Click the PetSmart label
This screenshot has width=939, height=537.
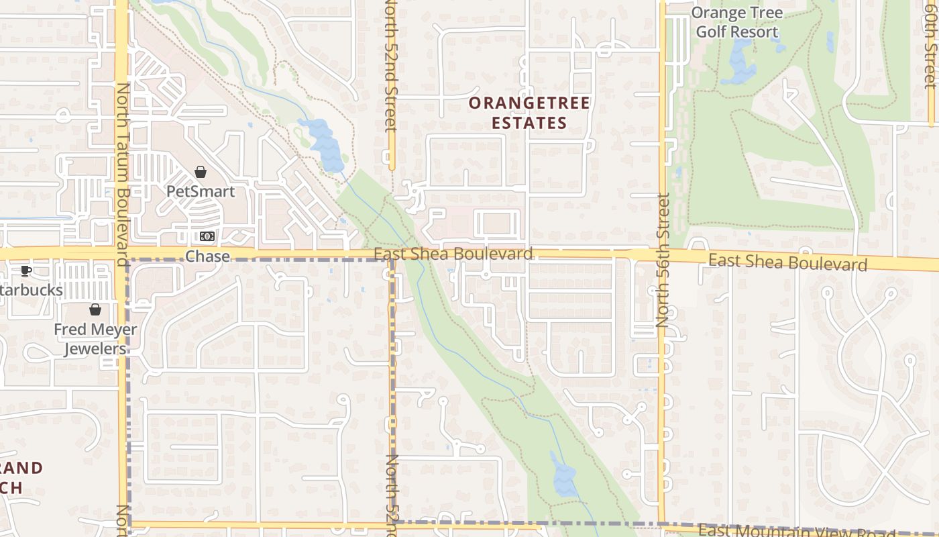[201, 191]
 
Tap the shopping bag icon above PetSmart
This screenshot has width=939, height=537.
[200, 173]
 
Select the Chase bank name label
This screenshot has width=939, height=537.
[207, 256]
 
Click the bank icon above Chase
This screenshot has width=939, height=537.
[207, 236]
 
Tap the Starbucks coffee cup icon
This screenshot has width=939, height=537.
[25, 271]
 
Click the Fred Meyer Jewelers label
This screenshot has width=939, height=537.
[95, 339]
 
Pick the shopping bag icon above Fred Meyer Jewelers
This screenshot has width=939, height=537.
[95, 309]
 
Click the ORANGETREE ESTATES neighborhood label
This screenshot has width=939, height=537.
[529, 113]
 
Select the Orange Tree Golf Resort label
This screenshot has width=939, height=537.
[736, 22]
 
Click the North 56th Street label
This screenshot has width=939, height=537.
[663, 260]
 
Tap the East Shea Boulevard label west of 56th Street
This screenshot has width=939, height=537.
[453, 254]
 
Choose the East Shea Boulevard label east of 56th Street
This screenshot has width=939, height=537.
[787, 262]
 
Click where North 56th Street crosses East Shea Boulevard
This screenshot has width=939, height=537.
[662, 255]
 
